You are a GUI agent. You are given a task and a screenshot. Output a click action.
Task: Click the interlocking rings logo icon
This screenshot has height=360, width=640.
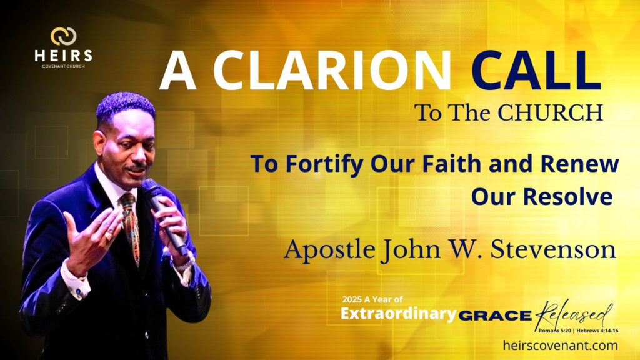(x=63, y=36)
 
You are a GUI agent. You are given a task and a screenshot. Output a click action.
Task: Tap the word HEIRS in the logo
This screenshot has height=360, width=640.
(x=63, y=56)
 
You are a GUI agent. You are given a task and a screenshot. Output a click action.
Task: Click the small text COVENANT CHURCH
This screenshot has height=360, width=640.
(x=63, y=66)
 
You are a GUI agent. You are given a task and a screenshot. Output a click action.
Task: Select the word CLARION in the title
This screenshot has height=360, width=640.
(x=332, y=71)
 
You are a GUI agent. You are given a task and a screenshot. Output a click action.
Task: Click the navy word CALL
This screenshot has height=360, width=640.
(x=536, y=71)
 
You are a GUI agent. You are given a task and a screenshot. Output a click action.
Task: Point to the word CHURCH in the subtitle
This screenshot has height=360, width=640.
(x=550, y=112)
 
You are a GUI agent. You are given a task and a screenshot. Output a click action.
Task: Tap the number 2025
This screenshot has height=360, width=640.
(x=352, y=299)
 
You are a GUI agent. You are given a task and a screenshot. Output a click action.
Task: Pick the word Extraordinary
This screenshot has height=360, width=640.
(x=398, y=314)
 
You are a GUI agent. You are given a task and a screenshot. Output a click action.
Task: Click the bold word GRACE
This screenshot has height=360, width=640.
(x=495, y=316)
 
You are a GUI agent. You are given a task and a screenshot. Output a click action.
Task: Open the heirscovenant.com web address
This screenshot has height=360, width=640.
(x=561, y=346)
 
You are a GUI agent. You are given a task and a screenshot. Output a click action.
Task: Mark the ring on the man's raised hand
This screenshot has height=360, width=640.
(x=109, y=236)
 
